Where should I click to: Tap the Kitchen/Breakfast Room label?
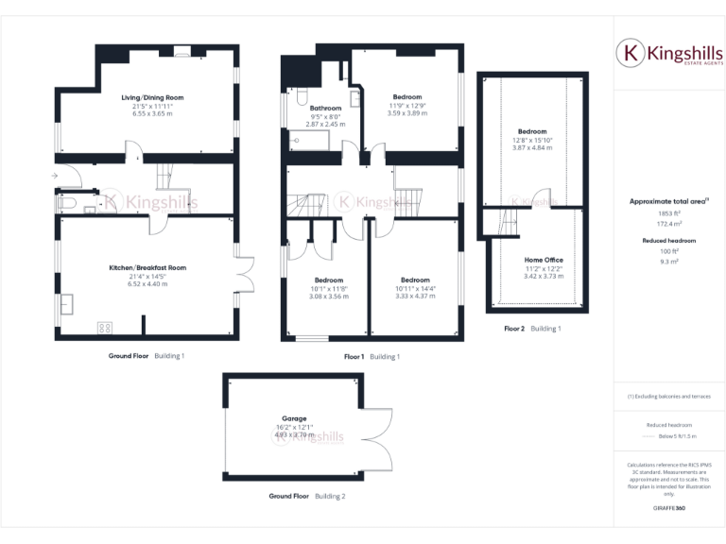(147, 267)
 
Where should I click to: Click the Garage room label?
(293, 417)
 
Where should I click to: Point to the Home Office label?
(544, 259)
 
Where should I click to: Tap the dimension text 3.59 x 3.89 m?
(407, 113)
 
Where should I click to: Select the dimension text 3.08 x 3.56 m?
(330, 296)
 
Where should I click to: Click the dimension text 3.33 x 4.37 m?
(415, 296)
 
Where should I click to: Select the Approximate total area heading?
(668, 201)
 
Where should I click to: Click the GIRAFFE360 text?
(668, 509)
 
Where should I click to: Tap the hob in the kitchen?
(104, 328)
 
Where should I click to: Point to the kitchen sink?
(66, 304)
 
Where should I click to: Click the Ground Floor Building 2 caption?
(306, 496)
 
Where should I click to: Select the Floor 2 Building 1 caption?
(532, 329)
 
